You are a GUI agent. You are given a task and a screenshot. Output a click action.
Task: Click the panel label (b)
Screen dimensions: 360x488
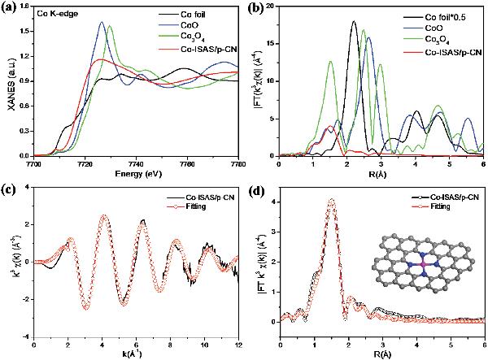tap(257, 9)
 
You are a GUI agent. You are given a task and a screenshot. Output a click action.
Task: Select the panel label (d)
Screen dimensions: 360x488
tap(257, 192)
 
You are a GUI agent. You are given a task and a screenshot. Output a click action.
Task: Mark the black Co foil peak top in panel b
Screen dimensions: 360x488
tap(355, 22)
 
